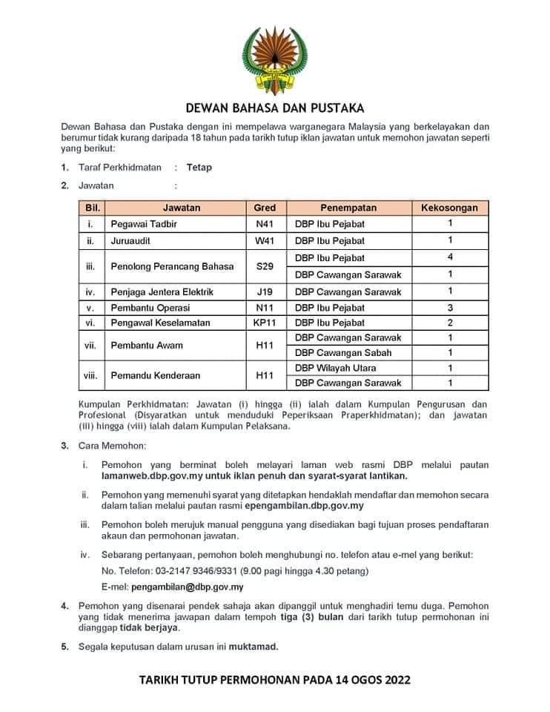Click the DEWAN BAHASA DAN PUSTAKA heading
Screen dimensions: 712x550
(x=274, y=108)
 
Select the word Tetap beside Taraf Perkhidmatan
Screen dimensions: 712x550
(x=199, y=168)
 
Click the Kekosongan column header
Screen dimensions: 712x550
(x=450, y=208)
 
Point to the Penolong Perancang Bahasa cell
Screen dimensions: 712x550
(x=172, y=266)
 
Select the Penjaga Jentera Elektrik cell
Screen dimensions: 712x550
(x=162, y=292)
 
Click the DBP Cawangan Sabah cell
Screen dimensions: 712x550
(x=343, y=353)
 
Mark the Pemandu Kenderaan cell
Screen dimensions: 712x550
(x=155, y=376)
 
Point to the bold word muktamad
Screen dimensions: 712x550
(x=254, y=647)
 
